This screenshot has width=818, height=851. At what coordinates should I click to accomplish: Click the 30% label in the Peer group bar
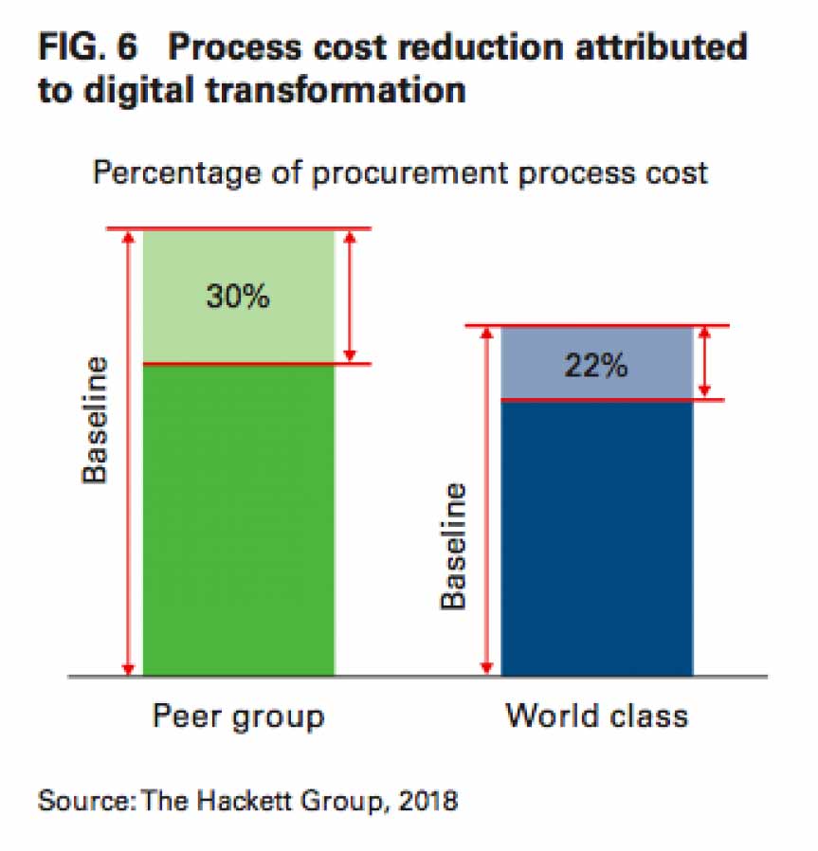(x=238, y=297)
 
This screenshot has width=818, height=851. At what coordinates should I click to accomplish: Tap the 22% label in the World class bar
(x=595, y=366)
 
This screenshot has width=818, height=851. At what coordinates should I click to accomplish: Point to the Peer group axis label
(x=238, y=715)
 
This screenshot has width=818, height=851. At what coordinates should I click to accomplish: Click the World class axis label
(x=596, y=715)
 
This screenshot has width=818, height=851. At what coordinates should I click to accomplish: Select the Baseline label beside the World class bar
(x=454, y=547)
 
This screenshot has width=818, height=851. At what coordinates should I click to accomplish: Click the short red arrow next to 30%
(x=349, y=296)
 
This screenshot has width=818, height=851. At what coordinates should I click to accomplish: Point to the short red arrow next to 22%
(x=704, y=362)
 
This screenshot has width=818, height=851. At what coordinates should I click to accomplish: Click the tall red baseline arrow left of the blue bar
(x=487, y=500)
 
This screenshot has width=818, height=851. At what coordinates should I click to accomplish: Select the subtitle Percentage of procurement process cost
(x=399, y=174)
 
